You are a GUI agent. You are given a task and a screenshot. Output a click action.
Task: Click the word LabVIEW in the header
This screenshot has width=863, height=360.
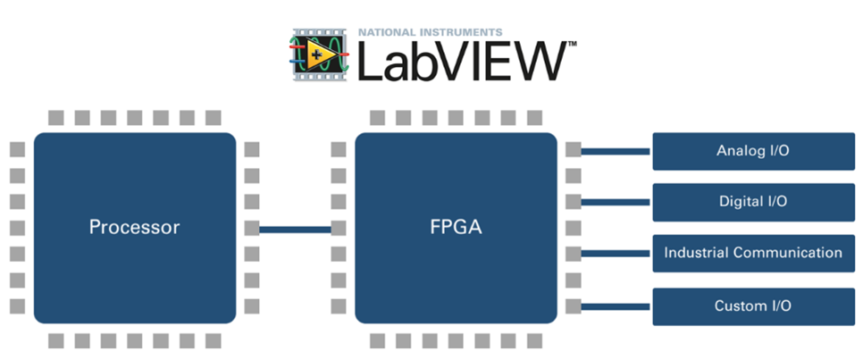point(461,61)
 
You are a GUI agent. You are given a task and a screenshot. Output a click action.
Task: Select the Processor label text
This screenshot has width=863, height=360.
point(134,227)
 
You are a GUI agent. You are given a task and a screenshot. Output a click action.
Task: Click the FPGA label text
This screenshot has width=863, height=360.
point(456,227)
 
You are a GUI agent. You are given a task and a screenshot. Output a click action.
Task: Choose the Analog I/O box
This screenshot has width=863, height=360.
point(752,151)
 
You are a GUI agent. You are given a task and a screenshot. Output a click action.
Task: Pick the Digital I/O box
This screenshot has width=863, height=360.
point(752,202)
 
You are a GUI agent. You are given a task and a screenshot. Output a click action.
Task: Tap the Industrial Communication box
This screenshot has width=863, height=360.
point(752,253)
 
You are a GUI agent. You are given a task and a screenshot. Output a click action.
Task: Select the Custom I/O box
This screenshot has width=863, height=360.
point(752,306)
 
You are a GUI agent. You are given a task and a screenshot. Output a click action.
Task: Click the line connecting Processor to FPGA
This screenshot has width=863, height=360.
point(295,229)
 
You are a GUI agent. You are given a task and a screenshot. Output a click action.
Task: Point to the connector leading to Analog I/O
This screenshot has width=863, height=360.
point(616,151)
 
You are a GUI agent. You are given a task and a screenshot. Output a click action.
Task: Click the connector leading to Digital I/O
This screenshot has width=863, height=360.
point(616,202)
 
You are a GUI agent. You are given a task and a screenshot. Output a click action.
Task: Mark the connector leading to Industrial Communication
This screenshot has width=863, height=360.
point(616,254)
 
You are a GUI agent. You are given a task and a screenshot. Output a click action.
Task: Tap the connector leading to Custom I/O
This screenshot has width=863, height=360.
point(616,306)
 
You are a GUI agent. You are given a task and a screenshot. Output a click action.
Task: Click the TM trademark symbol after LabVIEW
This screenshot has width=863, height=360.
point(572,43)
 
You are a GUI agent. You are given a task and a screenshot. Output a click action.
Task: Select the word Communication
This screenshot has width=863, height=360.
point(787,253)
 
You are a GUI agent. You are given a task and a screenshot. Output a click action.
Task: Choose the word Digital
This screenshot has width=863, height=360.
point(740,202)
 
